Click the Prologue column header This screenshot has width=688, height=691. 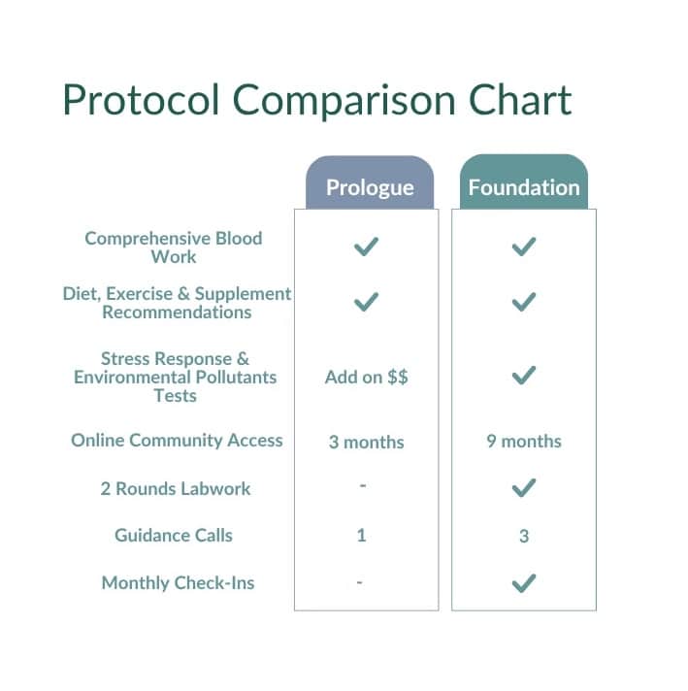tap(370, 182)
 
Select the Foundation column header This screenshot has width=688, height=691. tap(524, 181)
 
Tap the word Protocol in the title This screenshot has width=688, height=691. tap(141, 100)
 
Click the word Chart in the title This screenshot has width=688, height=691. tap(520, 100)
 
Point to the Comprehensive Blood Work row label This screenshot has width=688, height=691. tap(174, 247)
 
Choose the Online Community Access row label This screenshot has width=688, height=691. tap(177, 441)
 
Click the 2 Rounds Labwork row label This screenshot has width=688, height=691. tap(176, 489)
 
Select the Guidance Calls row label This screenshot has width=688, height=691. tap(174, 536)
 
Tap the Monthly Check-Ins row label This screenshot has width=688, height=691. tap(178, 583)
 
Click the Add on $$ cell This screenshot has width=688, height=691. tap(366, 378)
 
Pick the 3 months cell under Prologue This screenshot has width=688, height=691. tap(366, 442)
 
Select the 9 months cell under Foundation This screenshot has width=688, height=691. tap(524, 442)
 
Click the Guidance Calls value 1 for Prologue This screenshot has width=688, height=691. tap(361, 536)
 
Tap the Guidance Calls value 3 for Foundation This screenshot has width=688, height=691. tap(524, 537)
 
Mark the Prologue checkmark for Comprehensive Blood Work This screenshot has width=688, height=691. tap(366, 247)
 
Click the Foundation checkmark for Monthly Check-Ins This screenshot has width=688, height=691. tap(524, 583)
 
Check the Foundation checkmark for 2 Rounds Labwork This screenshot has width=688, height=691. tap(524, 488)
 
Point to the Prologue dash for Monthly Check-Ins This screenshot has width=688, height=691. tap(360, 582)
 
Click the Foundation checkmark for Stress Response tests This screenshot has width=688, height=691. tap(524, 376)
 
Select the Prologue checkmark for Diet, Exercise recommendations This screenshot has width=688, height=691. tap(366, 302)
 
